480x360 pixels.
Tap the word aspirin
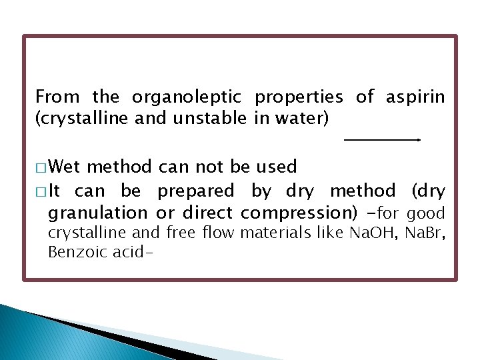(x=415, y=97)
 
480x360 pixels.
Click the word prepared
(x=196, y=191)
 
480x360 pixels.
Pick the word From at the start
(x=57, y=97)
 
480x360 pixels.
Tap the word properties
(x=299, y=97)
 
